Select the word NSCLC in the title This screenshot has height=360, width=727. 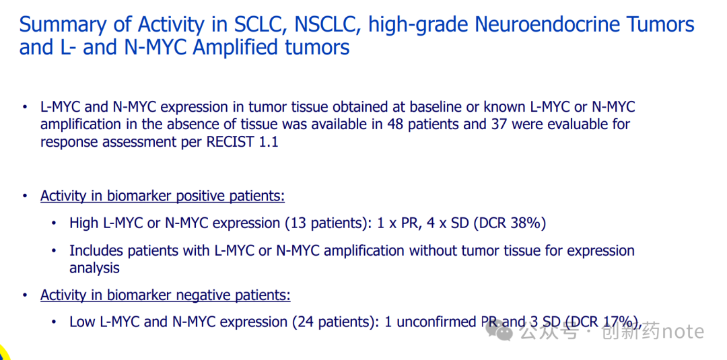pos(326,25)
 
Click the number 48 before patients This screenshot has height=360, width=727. pos(394,124)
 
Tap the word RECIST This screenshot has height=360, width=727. pos(229,142)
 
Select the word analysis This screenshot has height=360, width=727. pos(95,268)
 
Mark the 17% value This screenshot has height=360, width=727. pos(617,322)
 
